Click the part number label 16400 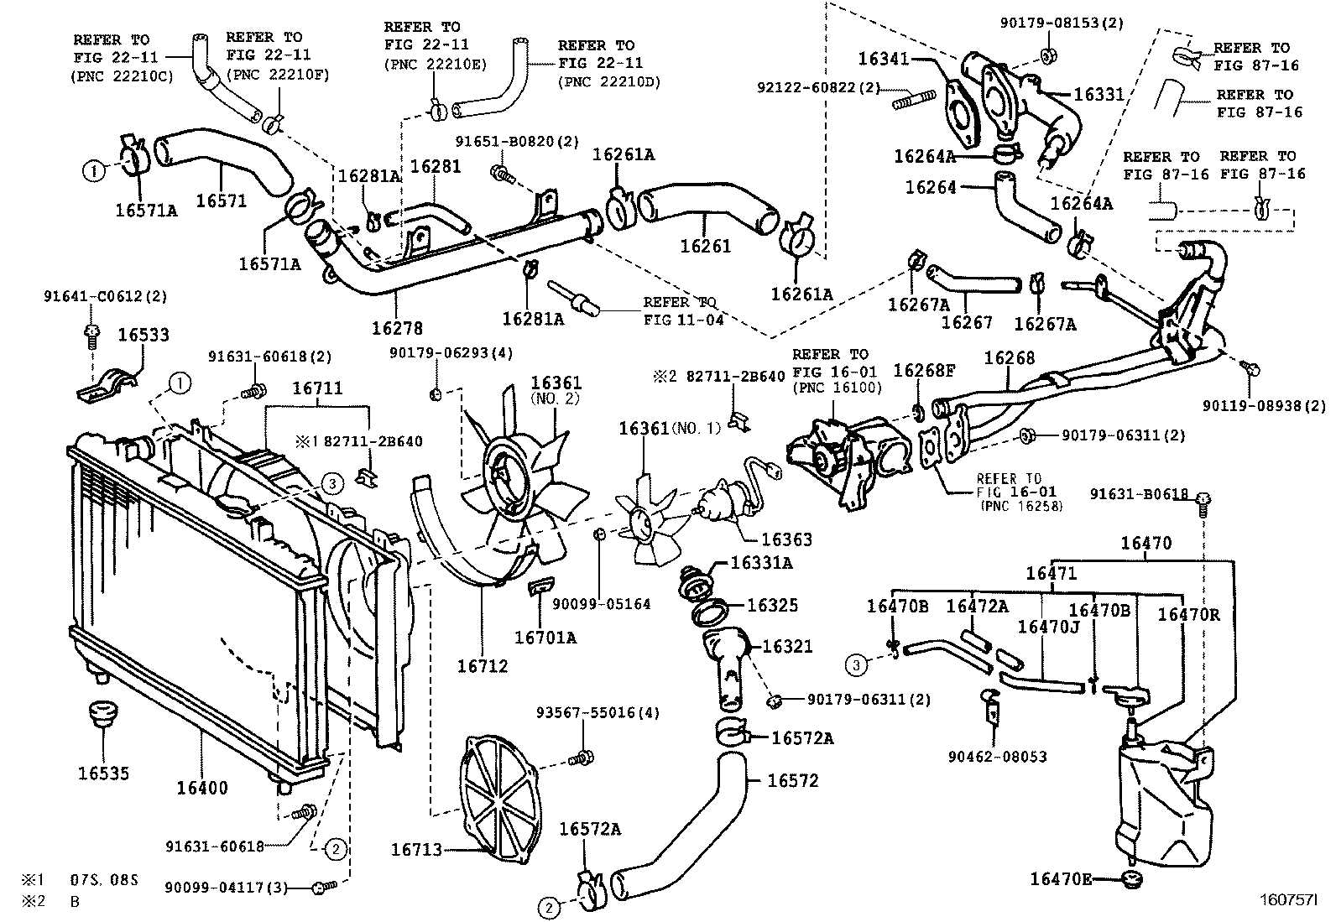click(x=201, y=788)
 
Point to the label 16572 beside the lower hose click(x=792, y=780)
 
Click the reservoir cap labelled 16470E click(x=1133, y=880)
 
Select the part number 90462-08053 click(x=998, y=757)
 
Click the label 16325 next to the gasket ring click(x=772, y=606)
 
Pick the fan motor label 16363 click(x=786, y=540)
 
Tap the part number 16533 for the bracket click(x=143, y=335)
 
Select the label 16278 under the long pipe click(x=397, y=329)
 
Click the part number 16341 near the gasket click(x=884, y=59)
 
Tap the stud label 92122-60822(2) click(x=818, y=86)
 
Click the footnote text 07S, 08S click(x=104, y=881)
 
